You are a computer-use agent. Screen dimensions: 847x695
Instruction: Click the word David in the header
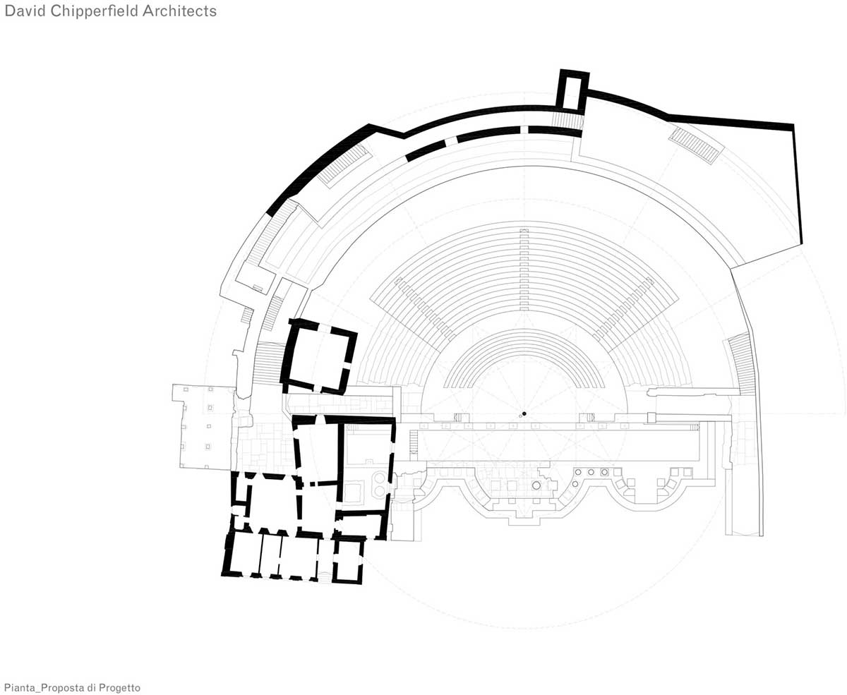[25, 11]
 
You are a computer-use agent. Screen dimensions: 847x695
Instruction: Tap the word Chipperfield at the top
[94, 11]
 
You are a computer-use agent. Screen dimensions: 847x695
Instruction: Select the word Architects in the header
[179, 11]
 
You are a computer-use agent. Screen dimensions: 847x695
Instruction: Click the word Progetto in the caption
[119, 687]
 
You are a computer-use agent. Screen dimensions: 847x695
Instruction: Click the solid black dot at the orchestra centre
[524, 413]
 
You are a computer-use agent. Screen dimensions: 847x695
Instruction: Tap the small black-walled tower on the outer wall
[574, 90]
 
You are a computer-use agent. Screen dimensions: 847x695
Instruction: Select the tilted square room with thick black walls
[318, 356]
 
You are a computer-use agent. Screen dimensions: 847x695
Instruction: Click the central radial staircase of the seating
[524, 270]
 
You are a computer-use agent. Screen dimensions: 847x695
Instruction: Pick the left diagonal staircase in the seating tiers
[425, 309]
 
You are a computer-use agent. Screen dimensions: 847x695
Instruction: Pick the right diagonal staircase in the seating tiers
[624, 309]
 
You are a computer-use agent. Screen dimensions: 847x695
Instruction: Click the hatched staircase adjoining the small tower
[567, 121]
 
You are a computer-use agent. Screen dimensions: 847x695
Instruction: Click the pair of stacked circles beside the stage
[379, 484]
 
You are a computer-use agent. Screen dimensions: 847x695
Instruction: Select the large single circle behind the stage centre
[536, 485]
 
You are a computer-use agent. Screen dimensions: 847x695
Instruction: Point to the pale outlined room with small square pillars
[203, 426]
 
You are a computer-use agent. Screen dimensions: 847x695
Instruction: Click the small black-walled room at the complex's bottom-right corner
[348, 560]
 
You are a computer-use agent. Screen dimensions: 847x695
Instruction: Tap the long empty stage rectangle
[558, 446]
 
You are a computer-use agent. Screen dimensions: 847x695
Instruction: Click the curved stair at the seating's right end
[742, 363]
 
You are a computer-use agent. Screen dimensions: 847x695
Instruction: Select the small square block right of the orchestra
[651, 418]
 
